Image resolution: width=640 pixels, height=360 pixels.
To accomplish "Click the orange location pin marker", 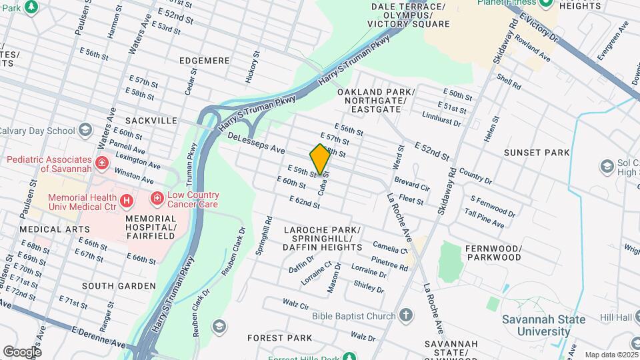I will coord(320,159).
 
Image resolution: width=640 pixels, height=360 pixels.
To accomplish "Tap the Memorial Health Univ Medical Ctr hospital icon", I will coord(126,199).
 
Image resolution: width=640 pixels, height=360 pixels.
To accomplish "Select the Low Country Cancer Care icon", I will coord(157,198).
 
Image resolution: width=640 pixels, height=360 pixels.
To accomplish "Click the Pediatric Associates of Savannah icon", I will coord(101,163).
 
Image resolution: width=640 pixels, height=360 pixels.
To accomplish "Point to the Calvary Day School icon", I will coord(85,129).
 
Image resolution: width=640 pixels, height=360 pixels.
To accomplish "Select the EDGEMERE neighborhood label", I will coord(204,61).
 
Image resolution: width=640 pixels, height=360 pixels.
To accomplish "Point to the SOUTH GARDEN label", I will coord(119,286).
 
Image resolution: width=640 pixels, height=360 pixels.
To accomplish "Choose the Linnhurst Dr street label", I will coord(441,119).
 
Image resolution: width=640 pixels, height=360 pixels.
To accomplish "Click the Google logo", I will coord(21,351).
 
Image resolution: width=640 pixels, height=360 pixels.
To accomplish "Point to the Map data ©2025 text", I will coord(611,355).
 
